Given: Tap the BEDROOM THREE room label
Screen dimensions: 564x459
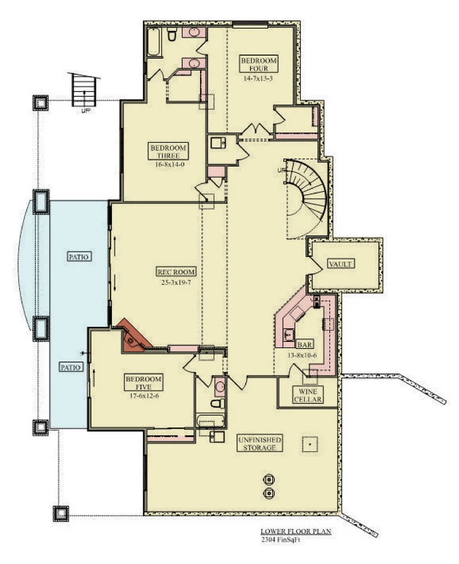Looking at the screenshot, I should click(x=168, y=151).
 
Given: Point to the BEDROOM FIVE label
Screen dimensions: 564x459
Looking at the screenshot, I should click(x=144, y=383).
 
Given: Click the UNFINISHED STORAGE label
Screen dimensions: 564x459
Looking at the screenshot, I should click(x=260, y=443).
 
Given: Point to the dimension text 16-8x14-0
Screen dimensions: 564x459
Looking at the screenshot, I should click(x=168, y=164).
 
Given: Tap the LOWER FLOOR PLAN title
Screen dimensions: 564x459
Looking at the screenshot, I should click(x=295, y=532).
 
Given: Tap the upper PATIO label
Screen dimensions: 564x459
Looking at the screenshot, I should click(x=79, y=257).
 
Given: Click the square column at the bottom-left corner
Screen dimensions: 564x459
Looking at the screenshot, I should click(x=60, y=513).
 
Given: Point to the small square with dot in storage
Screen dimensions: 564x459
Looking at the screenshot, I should click(x=310, y=443).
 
